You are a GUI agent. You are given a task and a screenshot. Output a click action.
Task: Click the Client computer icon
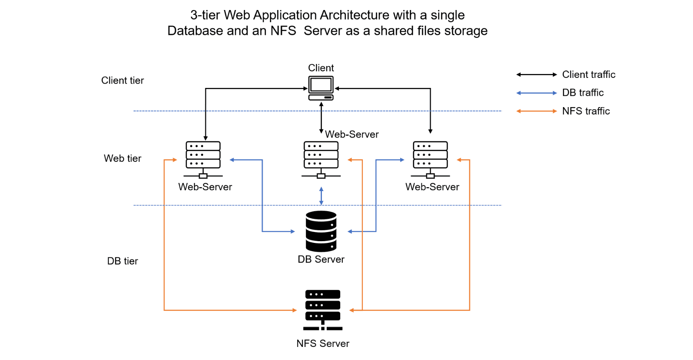(321, 87)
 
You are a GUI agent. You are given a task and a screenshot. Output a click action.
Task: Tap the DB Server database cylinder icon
(321, 231)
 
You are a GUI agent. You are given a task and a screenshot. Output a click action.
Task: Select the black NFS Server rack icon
(322, 310)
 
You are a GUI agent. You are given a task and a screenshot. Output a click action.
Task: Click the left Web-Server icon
(203, 159)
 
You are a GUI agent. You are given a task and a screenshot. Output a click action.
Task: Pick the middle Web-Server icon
(321, 159)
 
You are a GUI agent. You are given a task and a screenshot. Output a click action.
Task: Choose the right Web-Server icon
(430, 159)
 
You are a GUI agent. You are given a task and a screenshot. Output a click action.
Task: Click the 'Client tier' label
(122, 81)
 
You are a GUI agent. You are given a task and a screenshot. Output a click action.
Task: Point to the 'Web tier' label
(122, 158)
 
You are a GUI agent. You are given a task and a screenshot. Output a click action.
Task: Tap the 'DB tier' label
(122, 261)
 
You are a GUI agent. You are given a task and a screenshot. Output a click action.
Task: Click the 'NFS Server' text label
(322, 343)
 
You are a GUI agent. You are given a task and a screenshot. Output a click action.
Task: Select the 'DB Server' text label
(321, 259)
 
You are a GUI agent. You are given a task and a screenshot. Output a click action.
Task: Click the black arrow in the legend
(536, 74)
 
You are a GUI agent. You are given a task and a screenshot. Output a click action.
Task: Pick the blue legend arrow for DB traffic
(536, 93)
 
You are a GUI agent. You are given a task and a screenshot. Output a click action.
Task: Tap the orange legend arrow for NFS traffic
(536, 111)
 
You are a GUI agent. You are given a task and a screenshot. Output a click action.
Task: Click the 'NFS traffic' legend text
(586, 111)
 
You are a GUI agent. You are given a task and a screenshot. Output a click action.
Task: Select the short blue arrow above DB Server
(321, 196)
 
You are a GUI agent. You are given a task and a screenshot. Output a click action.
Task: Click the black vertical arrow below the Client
(321, 118)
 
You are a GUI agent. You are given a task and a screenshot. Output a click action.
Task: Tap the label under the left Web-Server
(205, 187)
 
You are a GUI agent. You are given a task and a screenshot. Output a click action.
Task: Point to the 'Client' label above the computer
(321, 68)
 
